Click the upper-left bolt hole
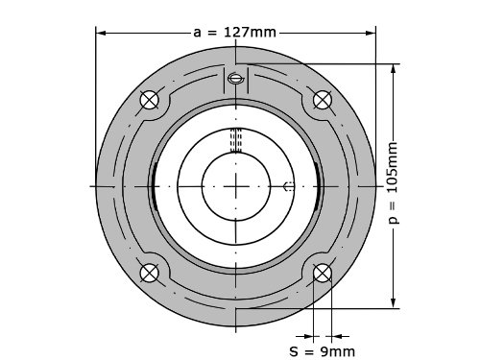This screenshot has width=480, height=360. point(150,100)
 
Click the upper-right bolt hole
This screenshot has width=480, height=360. point(323,100)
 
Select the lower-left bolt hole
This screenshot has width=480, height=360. point(150,273)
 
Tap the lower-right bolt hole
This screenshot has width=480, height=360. point(323,273)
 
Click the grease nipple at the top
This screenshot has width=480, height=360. point(236,78)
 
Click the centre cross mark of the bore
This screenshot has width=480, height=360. point(236,186)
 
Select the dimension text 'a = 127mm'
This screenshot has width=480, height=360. point(234,33)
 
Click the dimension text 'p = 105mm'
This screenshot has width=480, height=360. point(394,183)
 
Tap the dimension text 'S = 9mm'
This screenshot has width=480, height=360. point(323,351)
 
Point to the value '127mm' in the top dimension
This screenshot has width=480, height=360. point(250,33)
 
